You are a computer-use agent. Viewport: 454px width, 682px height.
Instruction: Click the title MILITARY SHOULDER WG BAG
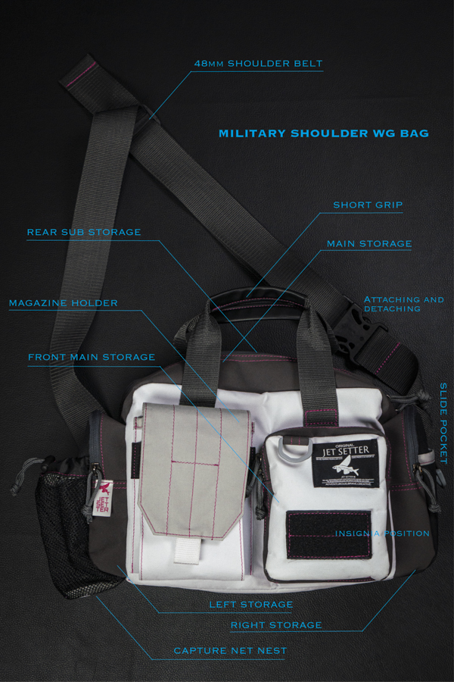(323, 133)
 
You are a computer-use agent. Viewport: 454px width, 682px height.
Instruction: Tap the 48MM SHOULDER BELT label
(259, 63)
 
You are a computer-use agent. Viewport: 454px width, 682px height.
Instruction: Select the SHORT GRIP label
(368, 205)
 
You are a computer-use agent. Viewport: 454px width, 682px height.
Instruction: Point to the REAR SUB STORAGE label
(84, 232)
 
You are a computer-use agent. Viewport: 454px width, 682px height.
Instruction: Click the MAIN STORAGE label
(369, 244)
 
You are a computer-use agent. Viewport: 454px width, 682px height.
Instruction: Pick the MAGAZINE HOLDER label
(64, 303)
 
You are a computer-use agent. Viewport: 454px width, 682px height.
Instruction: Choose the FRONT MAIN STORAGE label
(92, 357)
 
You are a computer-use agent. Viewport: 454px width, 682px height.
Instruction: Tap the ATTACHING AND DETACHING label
(403, 304)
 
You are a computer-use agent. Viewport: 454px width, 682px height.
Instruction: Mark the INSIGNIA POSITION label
(382, 533)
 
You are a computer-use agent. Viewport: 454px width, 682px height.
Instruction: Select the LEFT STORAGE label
(250, 605)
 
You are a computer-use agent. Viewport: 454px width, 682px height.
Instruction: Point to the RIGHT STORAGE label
(276, 625)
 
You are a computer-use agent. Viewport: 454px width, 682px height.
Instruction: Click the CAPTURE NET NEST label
(230, 651)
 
